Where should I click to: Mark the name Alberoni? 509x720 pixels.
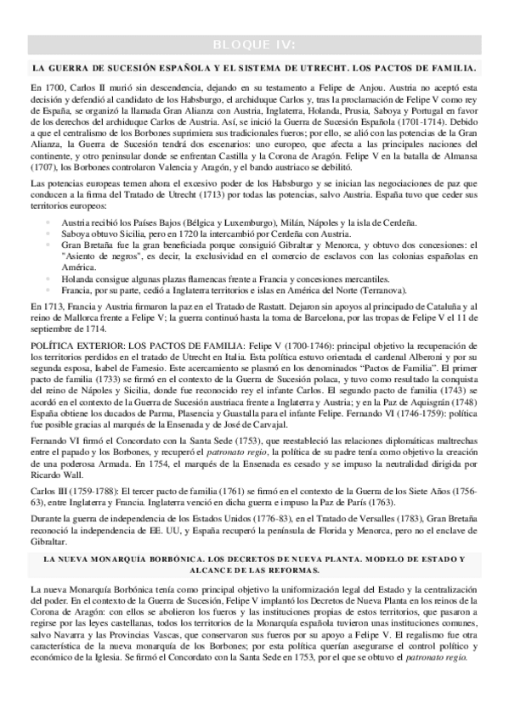[x=401, y=370]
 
